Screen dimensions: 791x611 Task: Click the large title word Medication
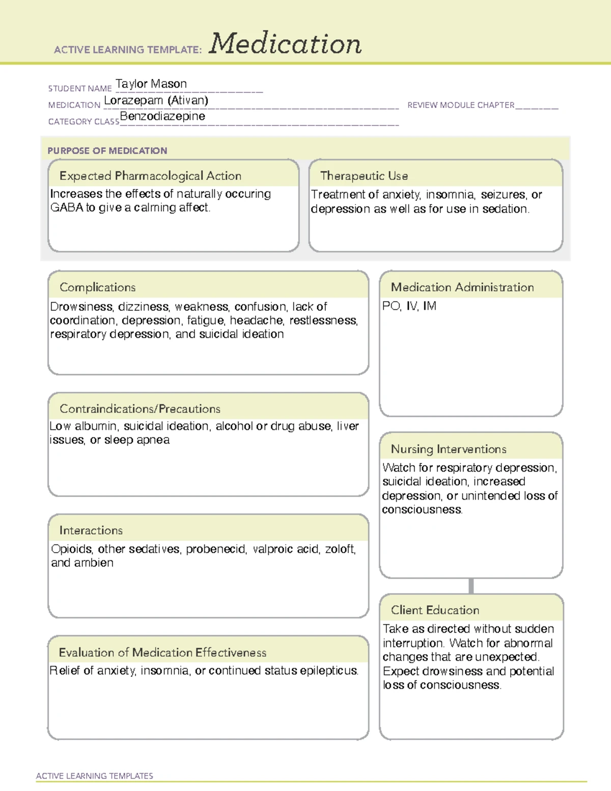(285, 44)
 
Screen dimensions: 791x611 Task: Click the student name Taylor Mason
(151, 84)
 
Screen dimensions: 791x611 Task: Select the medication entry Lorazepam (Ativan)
(156, 100)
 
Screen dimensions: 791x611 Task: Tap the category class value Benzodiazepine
(162, 116)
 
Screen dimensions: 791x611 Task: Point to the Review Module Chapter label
(461, 105)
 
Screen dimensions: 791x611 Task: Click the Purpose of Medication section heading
(107, 151)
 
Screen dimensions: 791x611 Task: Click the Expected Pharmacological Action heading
(150, 176)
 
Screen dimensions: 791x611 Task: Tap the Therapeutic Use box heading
(364, 176)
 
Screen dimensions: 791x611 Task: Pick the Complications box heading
(98, 287)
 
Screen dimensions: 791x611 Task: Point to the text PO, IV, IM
(409, 306)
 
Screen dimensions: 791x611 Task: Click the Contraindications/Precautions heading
(140, 408)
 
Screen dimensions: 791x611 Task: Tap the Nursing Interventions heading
(449, 449)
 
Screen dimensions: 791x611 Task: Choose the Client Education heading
(435, 610)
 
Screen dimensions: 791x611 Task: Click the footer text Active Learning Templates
(94, 776)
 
